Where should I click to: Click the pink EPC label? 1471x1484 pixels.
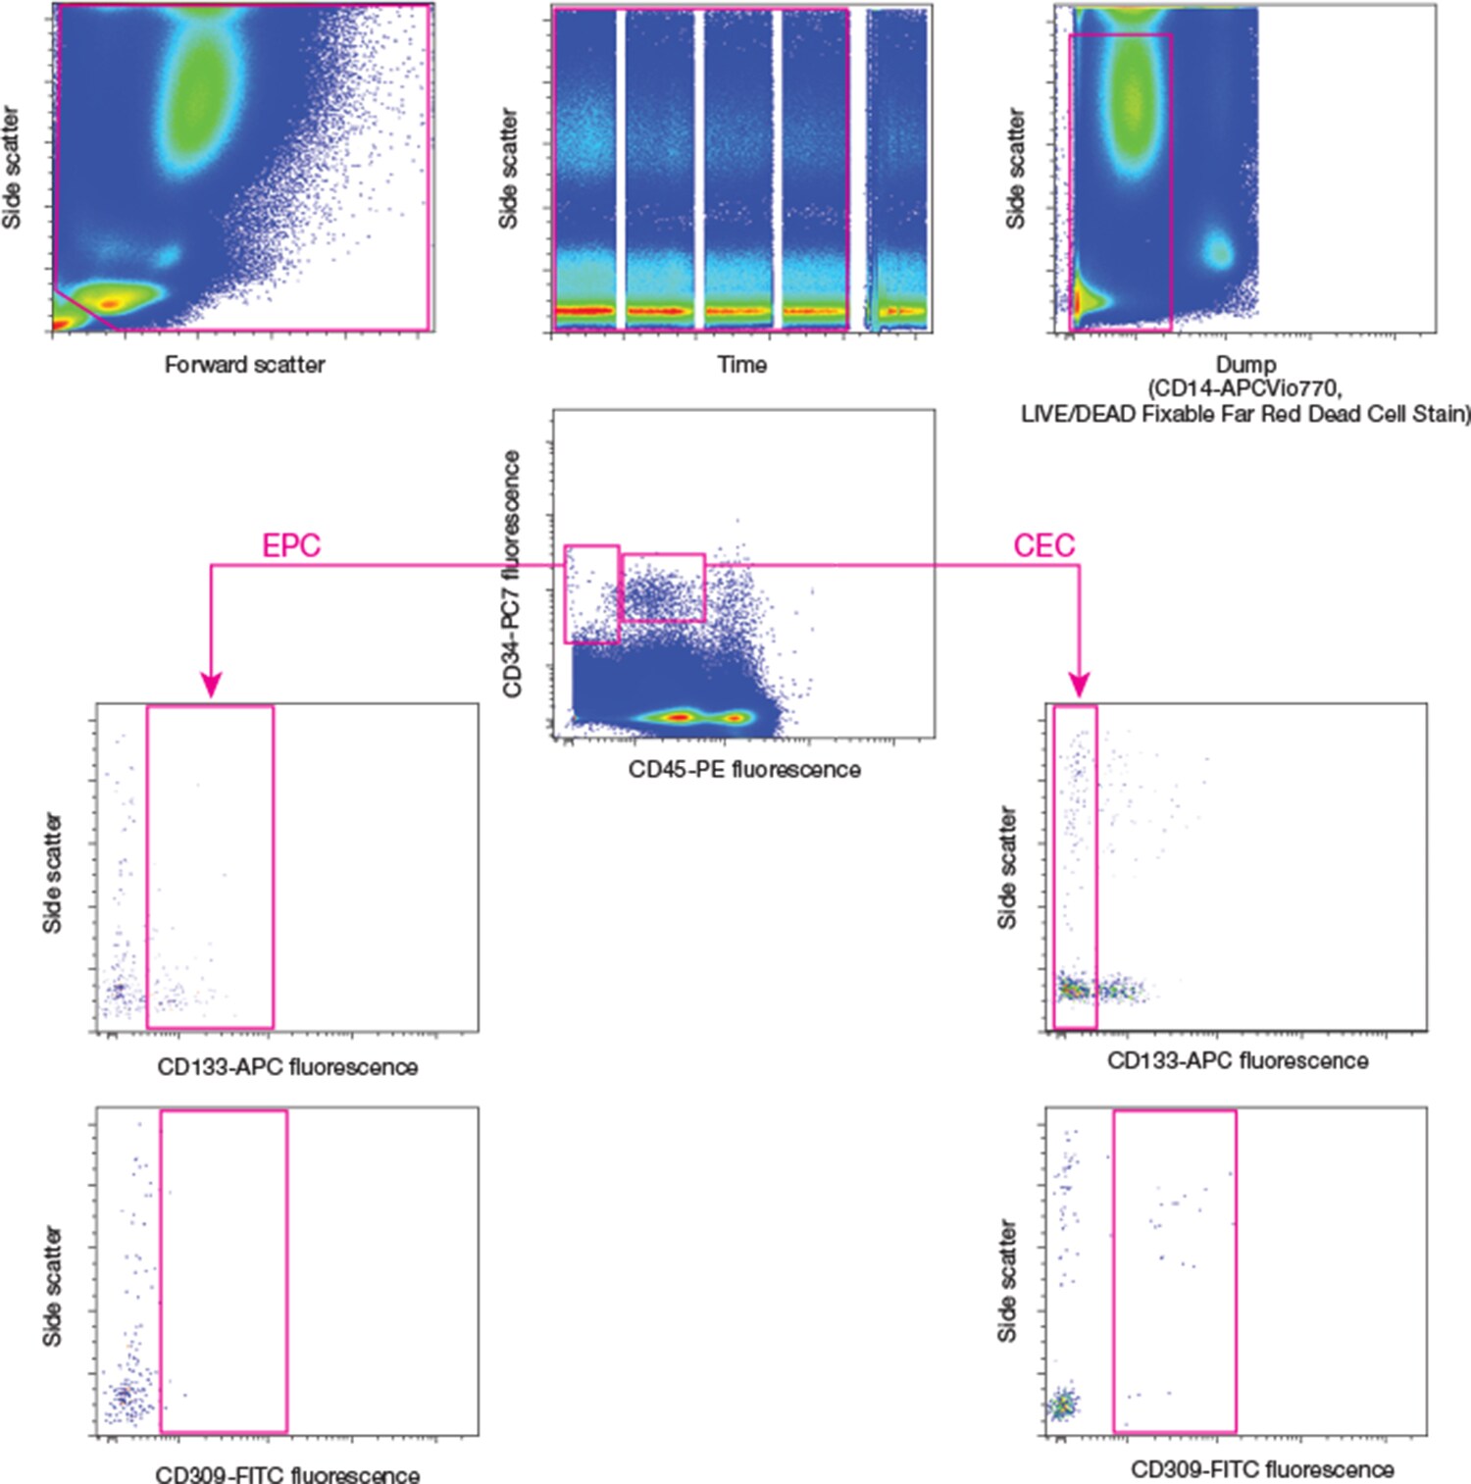291,545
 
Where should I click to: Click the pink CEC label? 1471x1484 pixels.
1043,545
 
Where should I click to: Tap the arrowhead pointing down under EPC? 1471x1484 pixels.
211,684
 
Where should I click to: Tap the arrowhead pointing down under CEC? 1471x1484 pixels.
1079,684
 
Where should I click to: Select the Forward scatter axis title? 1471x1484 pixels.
244,365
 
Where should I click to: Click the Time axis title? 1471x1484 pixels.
741,365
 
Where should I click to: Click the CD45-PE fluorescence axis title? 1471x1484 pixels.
744,770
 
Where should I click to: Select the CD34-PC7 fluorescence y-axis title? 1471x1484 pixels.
511,574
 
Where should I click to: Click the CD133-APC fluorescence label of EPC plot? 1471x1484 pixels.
287,1067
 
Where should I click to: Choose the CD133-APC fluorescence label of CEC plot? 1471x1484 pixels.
1238,1061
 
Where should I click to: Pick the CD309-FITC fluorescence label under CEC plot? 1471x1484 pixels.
1262,1469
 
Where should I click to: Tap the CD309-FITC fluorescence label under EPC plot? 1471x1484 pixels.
287,1474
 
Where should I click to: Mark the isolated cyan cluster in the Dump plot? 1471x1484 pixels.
1218,251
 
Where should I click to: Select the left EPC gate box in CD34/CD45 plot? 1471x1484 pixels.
591,594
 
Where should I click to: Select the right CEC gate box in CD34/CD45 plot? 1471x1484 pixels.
663,588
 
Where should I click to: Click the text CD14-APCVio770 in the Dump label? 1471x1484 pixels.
1243,389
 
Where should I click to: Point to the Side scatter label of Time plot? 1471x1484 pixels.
508,169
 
